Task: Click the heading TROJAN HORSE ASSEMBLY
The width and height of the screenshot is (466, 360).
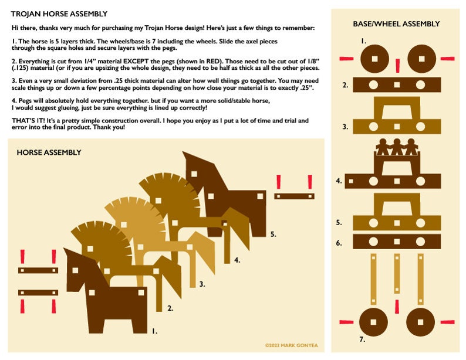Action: click(x=59, y=13)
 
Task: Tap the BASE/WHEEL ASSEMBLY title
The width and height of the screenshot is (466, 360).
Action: click(x=396, y=24)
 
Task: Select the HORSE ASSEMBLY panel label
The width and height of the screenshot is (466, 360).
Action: click(x=49, y=152)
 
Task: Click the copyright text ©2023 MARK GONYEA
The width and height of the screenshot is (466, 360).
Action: click(x=291, y=345)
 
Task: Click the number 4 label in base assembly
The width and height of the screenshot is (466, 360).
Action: click(x=339, y=181)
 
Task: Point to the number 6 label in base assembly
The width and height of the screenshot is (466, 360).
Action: click(x=339, y=242)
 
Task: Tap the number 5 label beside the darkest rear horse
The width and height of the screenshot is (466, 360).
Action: click(x=273, y=234)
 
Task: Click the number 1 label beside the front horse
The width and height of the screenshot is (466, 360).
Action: click(x=154, y=331)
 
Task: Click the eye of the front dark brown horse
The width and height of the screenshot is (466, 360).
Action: click(x=76, y=271)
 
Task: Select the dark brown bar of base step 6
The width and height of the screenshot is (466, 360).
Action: click(x=396, y=242)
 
